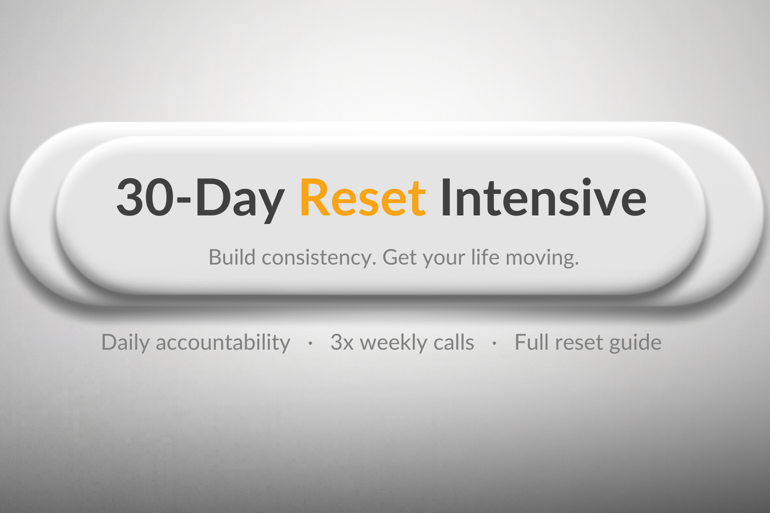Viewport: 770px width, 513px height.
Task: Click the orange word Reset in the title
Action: pyautogui.click(x=363, y=197)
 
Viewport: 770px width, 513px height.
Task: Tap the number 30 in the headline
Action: pyautogui.click(x=145, y=197)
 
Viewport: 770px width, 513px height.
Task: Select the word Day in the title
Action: pyautogui.click(x=240, y=198)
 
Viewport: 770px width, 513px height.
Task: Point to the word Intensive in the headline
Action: pyautogui.click(x=543, y=197)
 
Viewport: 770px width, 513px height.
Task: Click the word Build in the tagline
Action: pyautogui.click(x=233, y=258)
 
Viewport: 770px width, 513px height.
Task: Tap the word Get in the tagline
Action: pyautogui.click(x=400, y=258)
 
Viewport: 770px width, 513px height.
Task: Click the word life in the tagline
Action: pyautogui.click(x=485, y=258)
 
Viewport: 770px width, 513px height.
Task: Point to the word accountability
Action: pyautogui.click(x=223, y=343)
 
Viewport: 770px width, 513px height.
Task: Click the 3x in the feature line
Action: pyautogui.click(x=342, y=343)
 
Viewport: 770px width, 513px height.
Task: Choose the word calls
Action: pyautogui.click(x=454, y=343)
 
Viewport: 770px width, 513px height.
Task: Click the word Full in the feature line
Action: pyautogui.click(x=531, y=343)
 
